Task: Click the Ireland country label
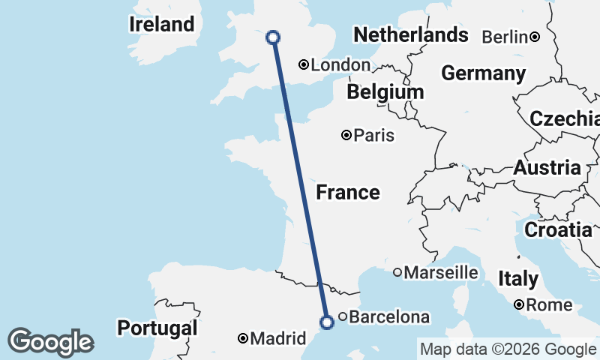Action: tap(161, 24)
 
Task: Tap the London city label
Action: tap(340, 65)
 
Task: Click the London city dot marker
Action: tap(304, 65)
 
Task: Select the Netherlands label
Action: tap(410, 34)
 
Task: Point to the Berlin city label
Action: tap(505, 37)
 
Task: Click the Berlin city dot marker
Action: tap(535, 37)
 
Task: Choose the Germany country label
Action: tap(483, 73)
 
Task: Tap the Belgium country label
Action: tap(385, 92)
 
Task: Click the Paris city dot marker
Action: tap(346, 136)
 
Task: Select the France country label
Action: tap(347, 193)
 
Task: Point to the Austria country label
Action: tap(547, 168)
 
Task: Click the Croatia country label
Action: tap(557, 229)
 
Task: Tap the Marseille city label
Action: tap(441, 272)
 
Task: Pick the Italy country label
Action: tap(517, 279)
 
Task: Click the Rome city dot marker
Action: tap(519, 304)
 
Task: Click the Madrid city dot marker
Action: tap(243, 339)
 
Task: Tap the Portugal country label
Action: tap(157, 328)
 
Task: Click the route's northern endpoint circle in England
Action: tap(273, 37)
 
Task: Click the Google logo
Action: tap(50, 342)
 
